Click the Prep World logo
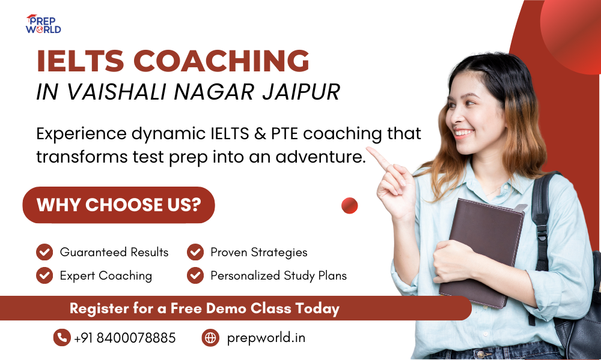[43, 24]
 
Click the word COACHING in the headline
[221, 61]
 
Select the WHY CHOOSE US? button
[119, 205]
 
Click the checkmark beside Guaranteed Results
[44, 252]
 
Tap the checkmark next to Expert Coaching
[44, 275]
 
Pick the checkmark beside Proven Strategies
[195, 252]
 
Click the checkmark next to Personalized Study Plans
[195, 275]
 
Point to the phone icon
[62, 337]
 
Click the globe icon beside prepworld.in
[210, 337]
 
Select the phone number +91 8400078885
[124, 338]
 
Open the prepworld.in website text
[266, 338]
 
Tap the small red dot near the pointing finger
[350, 205]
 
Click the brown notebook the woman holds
[482, 253]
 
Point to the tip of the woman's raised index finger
[368, 149]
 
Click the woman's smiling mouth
[463, 133]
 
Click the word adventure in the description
[320, 157]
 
